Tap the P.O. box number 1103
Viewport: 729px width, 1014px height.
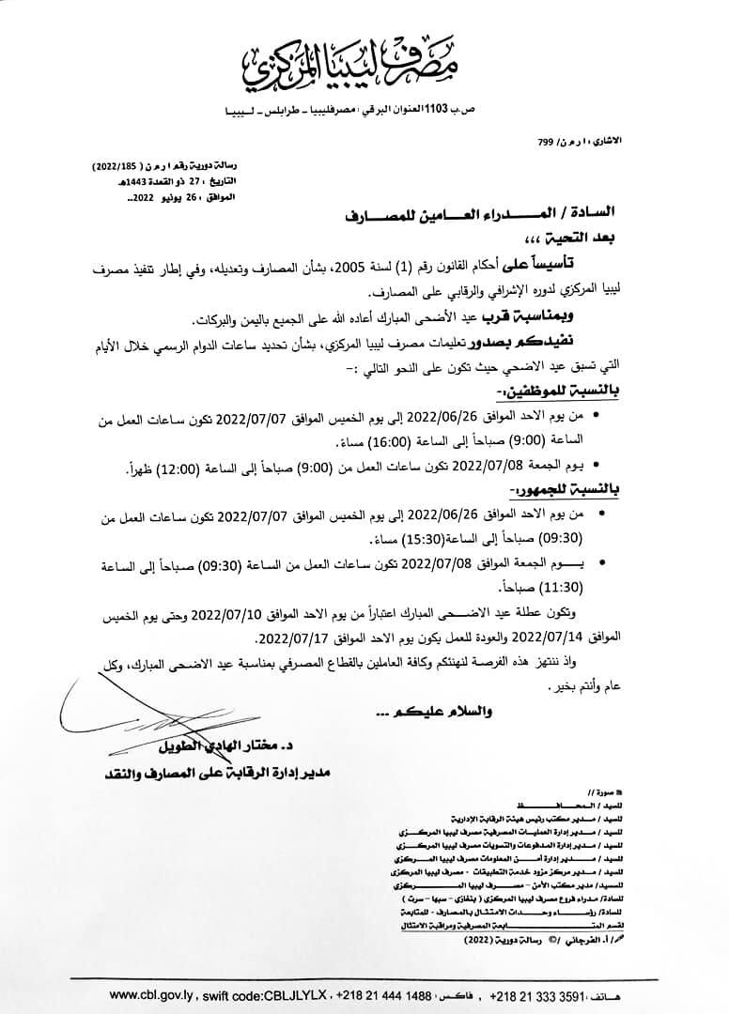[x=439, y=110]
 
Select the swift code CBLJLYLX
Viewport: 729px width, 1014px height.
[x=282, y=993]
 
